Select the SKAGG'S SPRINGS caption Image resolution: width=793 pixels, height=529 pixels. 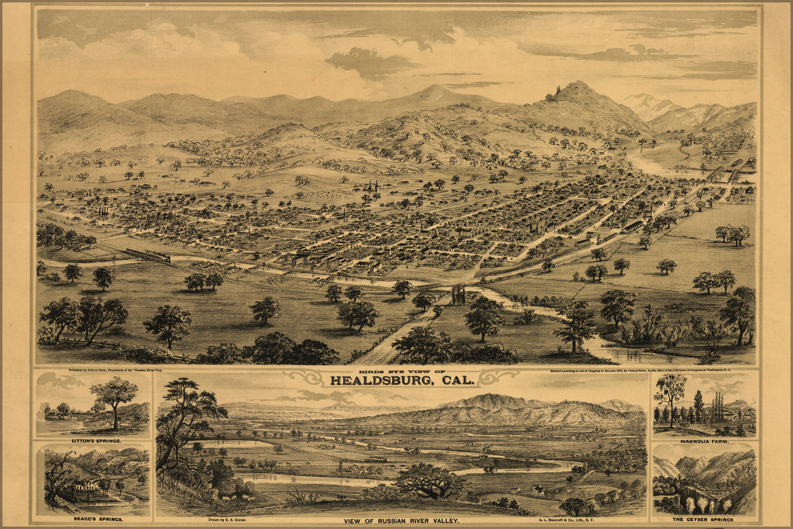point(93,519)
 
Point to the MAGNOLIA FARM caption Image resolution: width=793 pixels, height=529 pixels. point(705,441)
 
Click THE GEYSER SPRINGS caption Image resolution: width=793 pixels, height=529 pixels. point(704,519)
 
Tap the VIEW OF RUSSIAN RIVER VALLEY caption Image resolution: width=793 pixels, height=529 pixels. point(402,521)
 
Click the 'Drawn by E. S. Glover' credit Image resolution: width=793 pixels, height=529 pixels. point(227,519)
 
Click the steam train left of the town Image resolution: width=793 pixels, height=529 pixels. point(149,256)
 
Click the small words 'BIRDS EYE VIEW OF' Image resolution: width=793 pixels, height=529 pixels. point(402,371)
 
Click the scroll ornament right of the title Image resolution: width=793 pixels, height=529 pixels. point(500,377)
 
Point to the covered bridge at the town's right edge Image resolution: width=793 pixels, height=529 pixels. point(719,172)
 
